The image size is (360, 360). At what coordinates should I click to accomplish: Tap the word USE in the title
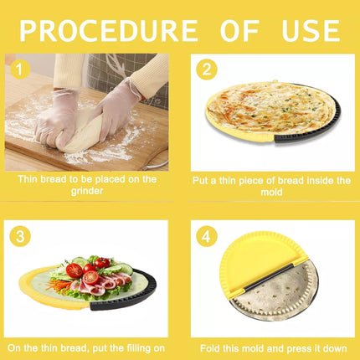pos(306,30)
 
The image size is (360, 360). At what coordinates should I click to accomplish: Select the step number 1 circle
pos(19,69)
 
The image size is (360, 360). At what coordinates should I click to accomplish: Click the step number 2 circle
pos(207,69)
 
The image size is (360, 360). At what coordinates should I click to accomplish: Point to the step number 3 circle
pos(19,236)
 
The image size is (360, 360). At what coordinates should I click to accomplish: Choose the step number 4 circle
pos(207,236)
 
